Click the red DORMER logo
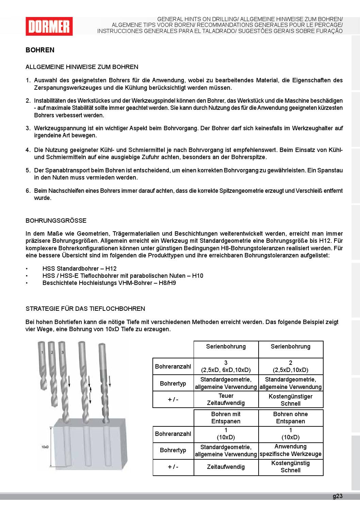49,26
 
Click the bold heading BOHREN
40,50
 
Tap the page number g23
337,496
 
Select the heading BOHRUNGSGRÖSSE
56,221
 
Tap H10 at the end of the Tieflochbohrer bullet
197,276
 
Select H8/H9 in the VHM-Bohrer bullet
167,283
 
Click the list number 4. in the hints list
28,150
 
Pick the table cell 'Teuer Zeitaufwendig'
226,400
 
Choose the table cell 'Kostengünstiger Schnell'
291,400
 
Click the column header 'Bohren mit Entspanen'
226,418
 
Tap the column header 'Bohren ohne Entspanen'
291,418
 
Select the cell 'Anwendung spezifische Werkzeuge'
291,450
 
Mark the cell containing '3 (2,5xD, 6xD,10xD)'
226,367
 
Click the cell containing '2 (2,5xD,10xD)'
291,367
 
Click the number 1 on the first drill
42,353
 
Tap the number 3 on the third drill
63,353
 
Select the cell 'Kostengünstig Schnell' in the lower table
291,467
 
